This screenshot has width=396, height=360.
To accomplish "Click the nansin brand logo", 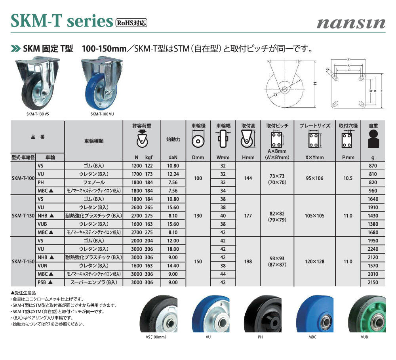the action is coord(351,23).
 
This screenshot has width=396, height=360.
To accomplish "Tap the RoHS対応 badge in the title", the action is coord(131,23).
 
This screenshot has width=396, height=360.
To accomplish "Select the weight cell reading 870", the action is coord(373,166).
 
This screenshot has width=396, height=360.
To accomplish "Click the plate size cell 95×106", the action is coord(314,178).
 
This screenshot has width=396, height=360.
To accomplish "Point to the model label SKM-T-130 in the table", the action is coord(23,216).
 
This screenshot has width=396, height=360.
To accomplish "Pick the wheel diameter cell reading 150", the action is coord(198,261).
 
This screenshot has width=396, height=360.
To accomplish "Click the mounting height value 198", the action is coord(248,261).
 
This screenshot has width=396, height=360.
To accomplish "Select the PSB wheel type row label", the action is coord(45,282).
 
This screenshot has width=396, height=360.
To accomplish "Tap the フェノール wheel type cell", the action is coord(94,183).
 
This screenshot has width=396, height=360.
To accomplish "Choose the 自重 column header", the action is coord(373,126).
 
